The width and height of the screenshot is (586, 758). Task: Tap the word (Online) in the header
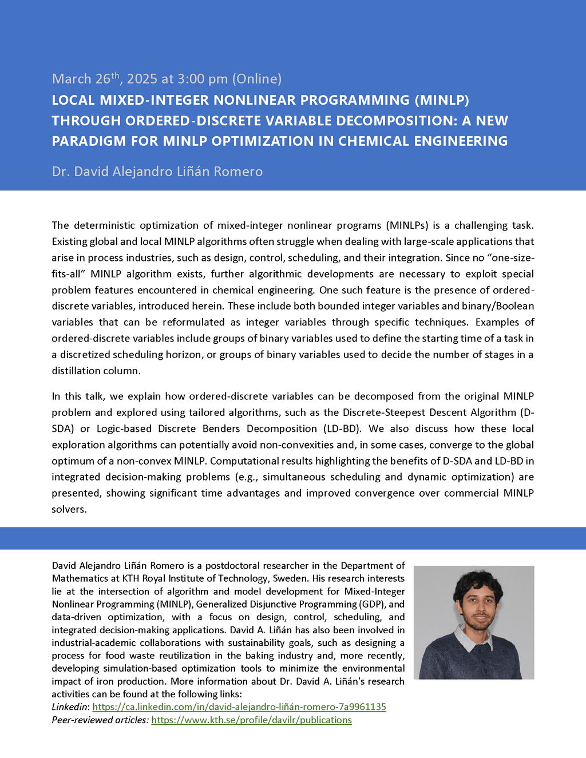256,78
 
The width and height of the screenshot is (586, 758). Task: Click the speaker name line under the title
157,172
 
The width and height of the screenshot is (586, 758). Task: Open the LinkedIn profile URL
239,707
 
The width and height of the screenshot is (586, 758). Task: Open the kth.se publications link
251,720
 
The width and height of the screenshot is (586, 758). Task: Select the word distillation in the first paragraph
75,371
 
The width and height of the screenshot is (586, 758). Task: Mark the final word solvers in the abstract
69,509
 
